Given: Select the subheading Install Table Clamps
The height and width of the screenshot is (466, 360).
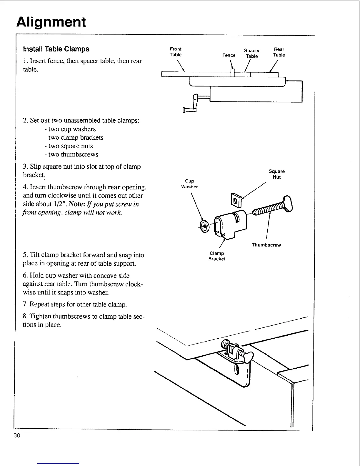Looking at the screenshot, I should tap(56, 49).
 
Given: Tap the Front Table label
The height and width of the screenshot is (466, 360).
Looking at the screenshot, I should tap(176, 52).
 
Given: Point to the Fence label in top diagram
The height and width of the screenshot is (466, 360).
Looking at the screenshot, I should tap(229, 55).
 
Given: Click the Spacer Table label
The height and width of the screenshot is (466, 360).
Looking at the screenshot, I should tap(252, 53).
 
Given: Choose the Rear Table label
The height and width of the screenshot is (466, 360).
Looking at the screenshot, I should tap(279, 52).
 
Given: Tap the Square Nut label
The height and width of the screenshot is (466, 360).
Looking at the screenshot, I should tap(276, 174).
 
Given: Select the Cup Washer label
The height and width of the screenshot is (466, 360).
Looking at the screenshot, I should tap(190, 184).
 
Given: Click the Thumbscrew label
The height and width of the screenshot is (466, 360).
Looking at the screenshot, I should tap(266, 245).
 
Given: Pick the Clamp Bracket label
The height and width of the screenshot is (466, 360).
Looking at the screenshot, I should tap(217, 256).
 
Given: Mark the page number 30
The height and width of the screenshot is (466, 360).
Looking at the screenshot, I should tap(17, 435).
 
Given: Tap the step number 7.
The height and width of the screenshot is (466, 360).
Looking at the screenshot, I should tap(25, 304).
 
